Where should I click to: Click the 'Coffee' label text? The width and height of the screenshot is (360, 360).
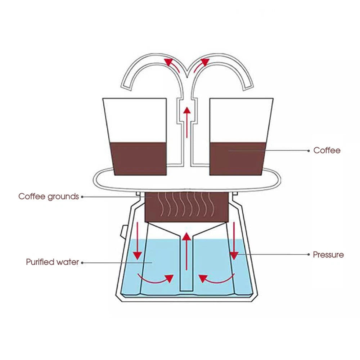327,150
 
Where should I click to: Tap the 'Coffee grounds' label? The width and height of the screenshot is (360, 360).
49,197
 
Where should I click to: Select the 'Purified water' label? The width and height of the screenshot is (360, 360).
52,262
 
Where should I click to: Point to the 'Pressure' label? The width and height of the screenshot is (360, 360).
328,255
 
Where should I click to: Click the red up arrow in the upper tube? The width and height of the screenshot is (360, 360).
187,122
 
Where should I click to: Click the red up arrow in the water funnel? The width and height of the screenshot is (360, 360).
186,251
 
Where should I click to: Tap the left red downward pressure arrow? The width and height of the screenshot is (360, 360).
138,241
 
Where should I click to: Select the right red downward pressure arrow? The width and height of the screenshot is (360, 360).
234,241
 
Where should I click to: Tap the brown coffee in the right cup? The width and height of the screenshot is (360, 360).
238,159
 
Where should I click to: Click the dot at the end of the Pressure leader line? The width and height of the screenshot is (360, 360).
309,255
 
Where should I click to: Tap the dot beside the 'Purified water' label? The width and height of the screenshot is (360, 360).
82,262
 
